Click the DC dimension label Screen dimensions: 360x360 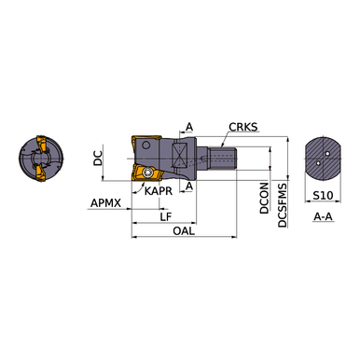(x=98, y=158)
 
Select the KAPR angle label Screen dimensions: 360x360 (x=159, y=191)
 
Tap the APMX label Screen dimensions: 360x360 (x=105, y=203)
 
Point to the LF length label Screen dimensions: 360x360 (x=166, y=216)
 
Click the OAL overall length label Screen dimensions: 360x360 (x=184, y=230)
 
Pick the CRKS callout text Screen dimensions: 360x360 (x=243, y=127)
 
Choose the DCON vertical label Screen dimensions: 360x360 (x=264, y=198)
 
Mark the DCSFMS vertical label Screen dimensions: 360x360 (x=283, y=205)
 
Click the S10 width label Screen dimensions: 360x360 (x=323, y=196)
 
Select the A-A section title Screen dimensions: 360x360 (x=323, y=216)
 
